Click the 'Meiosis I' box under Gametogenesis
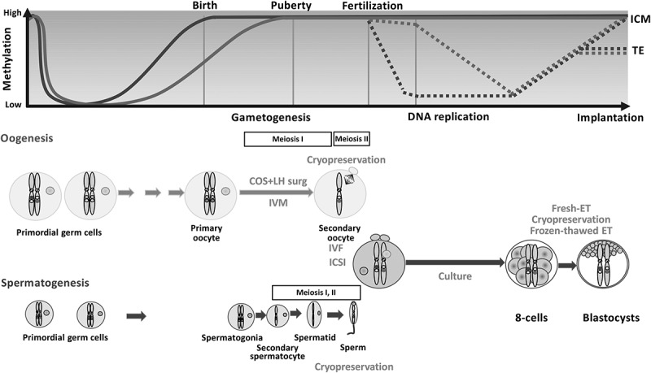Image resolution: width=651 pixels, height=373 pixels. [x=287, y=139]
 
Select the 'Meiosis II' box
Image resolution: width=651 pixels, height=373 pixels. [x=352, y=139]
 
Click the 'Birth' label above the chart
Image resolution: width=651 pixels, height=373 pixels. [x=204, y=7]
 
